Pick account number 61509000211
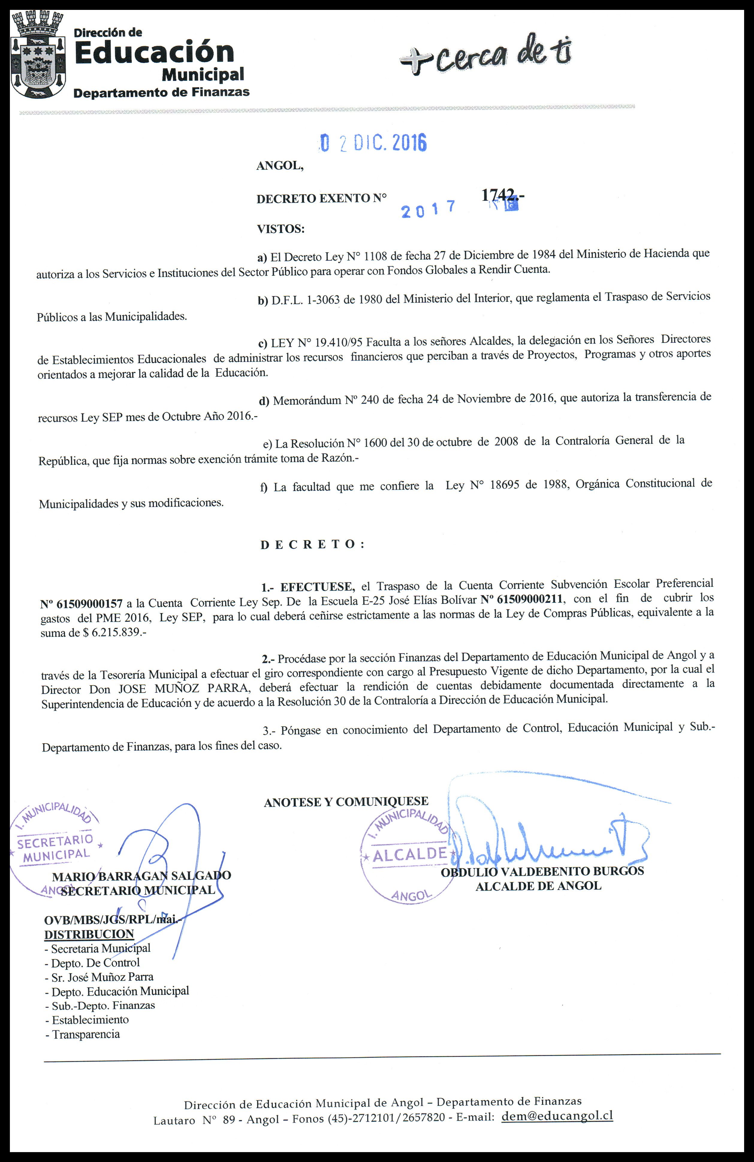[x=523, y=599]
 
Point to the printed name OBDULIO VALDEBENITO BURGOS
[x=542, y=871]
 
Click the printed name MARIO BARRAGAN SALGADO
[x=142, y=876]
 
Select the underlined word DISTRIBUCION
[x=89, y=934]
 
